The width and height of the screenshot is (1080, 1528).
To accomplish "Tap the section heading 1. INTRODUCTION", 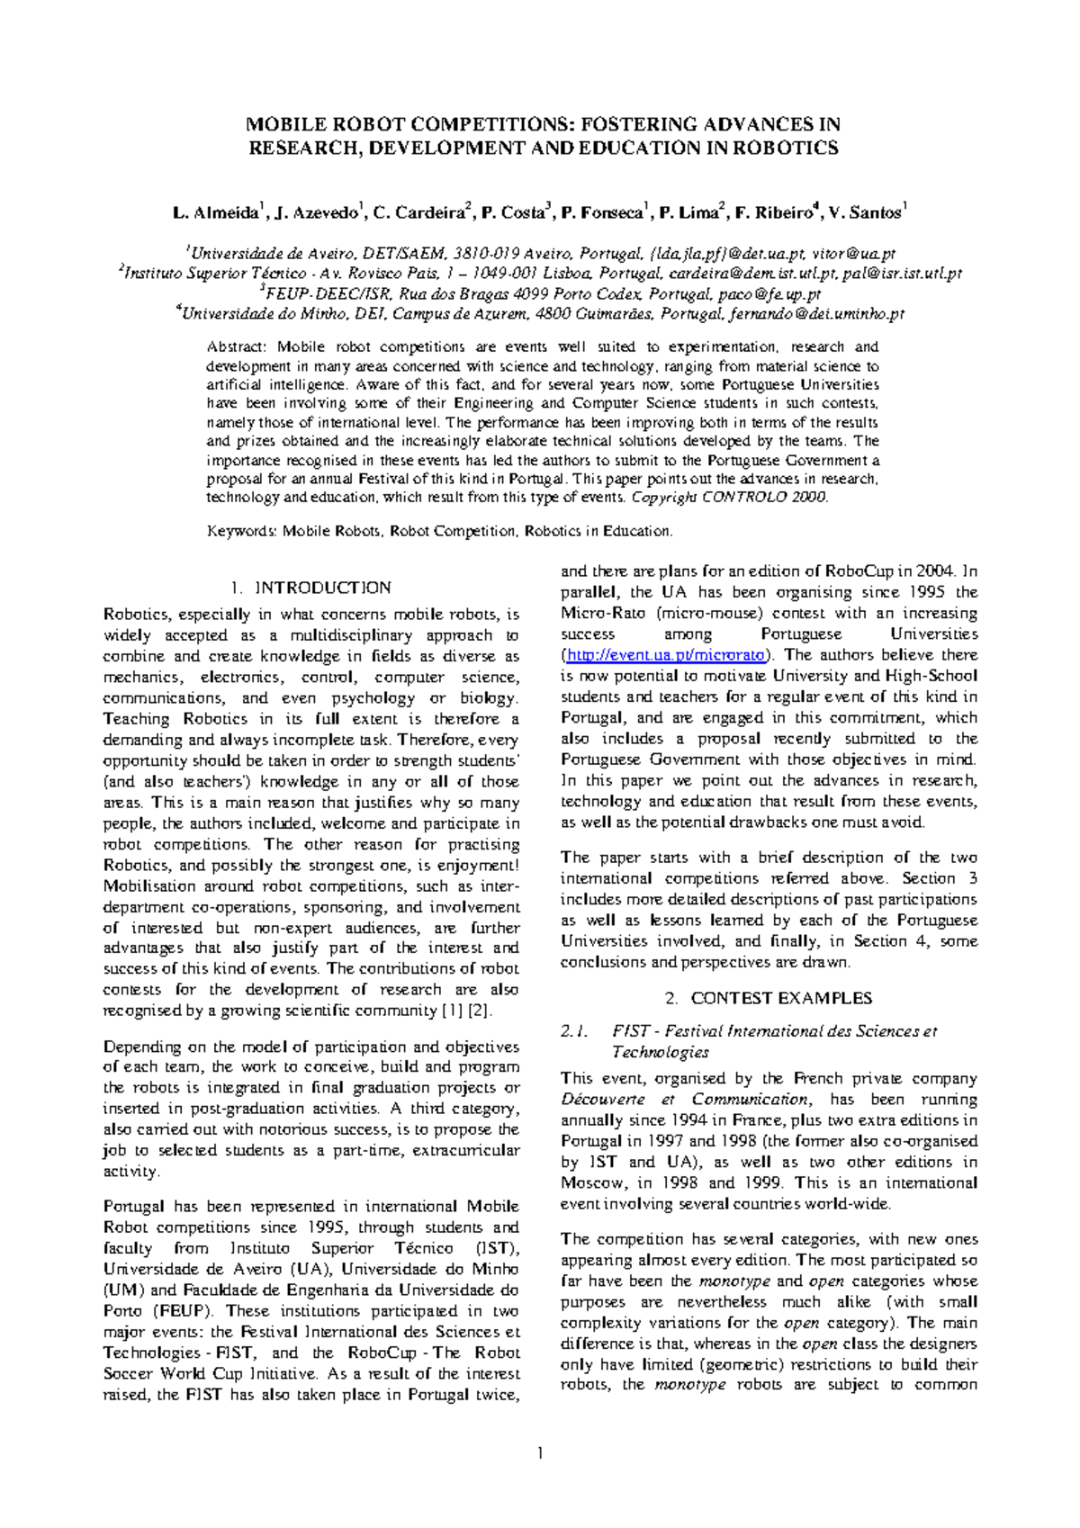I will click(x=310, y=588).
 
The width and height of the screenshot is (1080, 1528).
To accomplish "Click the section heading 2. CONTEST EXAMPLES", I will click(x=769, y=998).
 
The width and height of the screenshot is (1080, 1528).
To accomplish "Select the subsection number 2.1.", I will click(x=574, y=1031).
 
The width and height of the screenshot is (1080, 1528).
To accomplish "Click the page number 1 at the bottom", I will click(x=539, y=1452).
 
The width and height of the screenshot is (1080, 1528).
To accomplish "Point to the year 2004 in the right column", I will click(x=935, y=571).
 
